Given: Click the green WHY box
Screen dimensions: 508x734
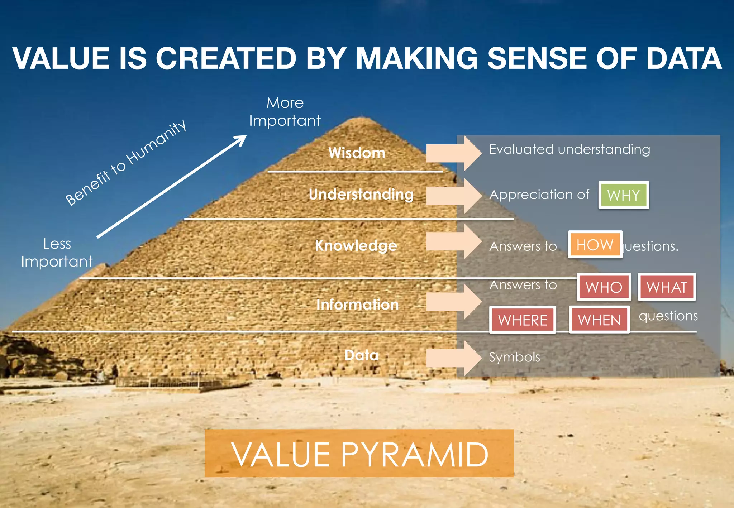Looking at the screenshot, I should (x=624, y=195).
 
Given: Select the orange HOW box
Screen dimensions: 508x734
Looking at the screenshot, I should (x=595, y=245).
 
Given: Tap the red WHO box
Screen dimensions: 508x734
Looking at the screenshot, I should (x=604, y=287).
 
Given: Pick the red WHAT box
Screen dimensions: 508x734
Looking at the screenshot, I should (x=667, y=287).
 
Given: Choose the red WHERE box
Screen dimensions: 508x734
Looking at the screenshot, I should (x=523, y=320).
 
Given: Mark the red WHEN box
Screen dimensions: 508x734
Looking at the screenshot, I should (x=599, y=320).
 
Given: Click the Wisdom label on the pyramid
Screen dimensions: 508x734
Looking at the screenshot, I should (x=357, y=153).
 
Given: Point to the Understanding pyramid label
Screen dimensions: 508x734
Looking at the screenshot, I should (x=361, y=194).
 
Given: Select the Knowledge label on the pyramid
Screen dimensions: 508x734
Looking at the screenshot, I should (x=356, y=245).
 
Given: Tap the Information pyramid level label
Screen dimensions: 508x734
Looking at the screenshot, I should (x=357, y=305).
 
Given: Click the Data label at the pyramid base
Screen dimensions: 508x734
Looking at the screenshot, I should (x=362, y=355).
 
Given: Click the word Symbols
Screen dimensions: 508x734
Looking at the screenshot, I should (x=514, y=357).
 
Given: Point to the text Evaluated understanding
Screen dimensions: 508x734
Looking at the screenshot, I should (x=569, y=149).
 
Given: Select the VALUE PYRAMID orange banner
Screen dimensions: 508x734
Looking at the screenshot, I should (x=359, y=453).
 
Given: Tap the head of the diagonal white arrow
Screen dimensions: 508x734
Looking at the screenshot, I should (x=241, y=140).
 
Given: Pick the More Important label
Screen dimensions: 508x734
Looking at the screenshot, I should (x=285, y=112).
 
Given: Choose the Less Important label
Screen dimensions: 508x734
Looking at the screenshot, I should (x=57, y=253).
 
